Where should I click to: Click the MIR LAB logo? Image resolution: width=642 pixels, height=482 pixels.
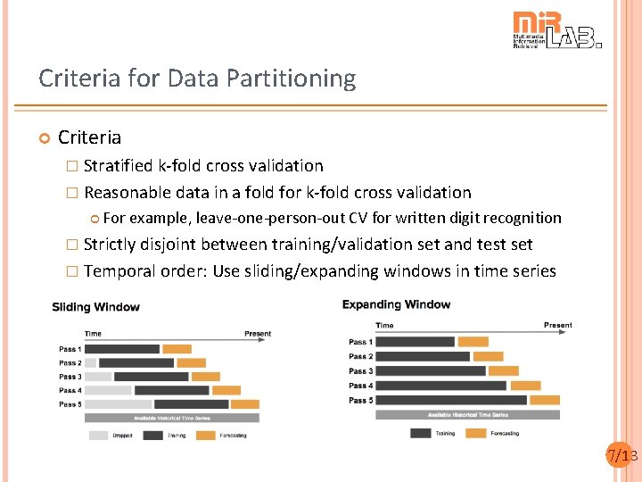pos(556,30)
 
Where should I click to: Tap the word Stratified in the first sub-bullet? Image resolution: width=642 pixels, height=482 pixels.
pos(118,165)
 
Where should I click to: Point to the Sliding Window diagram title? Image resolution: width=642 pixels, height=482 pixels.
pos(95,307)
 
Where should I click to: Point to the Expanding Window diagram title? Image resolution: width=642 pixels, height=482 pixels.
pos(396,304)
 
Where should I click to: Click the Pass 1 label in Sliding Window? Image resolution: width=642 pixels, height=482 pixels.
pos(70,349)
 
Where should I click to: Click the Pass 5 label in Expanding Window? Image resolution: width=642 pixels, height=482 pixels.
pos(360,400)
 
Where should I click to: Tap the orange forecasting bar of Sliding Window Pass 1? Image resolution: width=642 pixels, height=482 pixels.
pos(177,349)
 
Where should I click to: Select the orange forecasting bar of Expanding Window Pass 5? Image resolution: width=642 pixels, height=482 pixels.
pos(545,400)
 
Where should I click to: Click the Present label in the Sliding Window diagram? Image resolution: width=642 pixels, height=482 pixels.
pos(257,334)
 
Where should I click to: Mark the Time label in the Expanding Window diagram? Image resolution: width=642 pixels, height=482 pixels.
pos(384,326)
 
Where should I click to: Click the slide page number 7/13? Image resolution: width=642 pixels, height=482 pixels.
pos(621,456)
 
